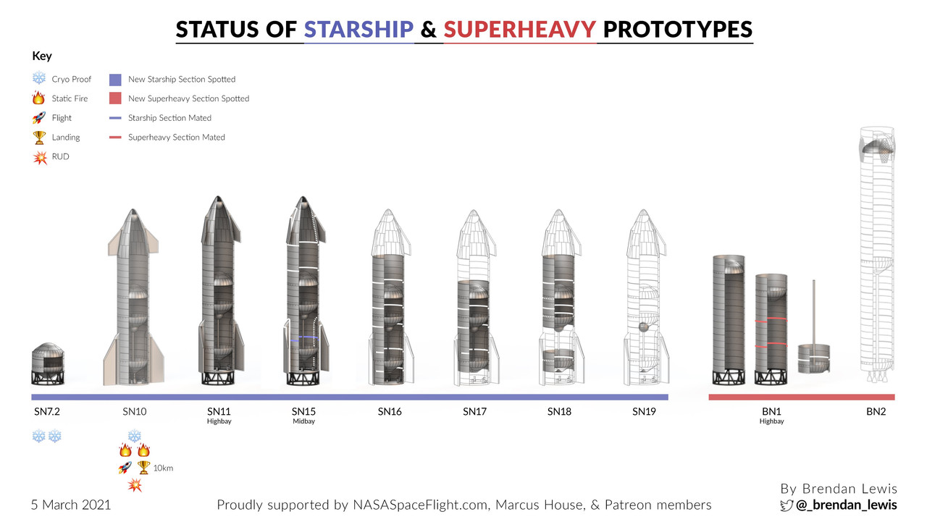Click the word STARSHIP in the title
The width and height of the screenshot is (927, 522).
click(358, 30)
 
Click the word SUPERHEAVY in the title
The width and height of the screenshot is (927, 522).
click(520, 30)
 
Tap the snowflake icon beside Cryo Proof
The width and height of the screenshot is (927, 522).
click(39, 77)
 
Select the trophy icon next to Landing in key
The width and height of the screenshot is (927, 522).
click(39, 138)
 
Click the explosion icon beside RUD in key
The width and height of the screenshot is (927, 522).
click(40, 158)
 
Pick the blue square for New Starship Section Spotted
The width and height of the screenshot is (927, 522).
click(115, 80)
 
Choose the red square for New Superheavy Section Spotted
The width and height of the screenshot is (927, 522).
click(115, 98)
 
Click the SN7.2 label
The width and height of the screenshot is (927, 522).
click(47, 411)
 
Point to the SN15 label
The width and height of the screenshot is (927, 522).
click(303, 411)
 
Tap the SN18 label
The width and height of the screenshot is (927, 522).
click(559, 411)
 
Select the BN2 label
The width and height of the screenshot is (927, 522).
click(876, 411)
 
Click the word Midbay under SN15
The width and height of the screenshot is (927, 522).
click(303, 421)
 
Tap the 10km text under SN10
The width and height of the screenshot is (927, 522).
click(163, 468)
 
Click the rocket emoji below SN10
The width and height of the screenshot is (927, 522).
click(125, 468)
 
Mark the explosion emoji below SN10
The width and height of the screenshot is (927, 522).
click(135, 485)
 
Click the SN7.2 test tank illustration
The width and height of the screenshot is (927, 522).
click(48, 364)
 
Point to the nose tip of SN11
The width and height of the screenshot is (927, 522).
click(218, 197)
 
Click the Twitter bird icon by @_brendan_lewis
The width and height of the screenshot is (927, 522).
click(787, 505)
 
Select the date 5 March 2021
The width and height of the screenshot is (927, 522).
click(71, 505)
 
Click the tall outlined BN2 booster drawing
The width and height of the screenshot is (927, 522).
click(877, 254)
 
